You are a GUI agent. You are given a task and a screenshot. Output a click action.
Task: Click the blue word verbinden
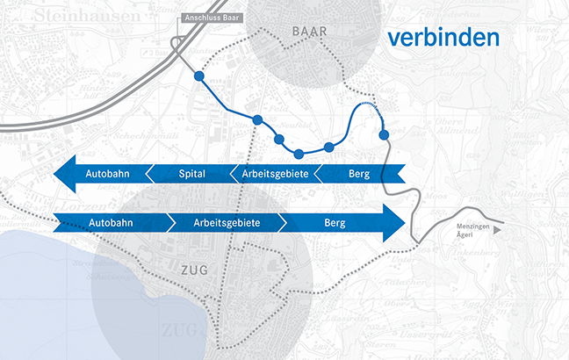click(x=444, y=38)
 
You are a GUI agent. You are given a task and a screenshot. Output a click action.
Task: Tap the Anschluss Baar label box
click(x=211, y=18)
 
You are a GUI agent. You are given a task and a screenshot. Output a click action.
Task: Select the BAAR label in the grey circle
click(x=307, y=32)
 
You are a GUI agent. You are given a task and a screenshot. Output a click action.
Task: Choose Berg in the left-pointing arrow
click(x=358, y=175)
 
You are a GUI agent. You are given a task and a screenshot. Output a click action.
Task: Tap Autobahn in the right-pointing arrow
click(x=112, y=224)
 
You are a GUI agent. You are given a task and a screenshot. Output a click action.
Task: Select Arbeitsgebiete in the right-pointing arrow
click(x=227, y=224)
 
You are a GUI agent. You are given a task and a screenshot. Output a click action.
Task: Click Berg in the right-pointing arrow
click(x=335, y=224)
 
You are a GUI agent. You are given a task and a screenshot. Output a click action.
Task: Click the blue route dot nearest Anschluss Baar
click(x=198, y=77)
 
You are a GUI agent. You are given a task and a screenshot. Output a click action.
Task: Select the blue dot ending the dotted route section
click(x=384, y=134)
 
